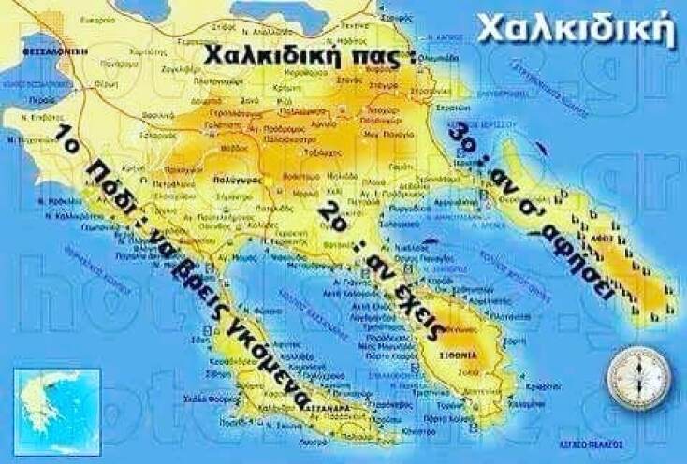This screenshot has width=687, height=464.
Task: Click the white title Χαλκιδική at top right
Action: click(575, 29)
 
